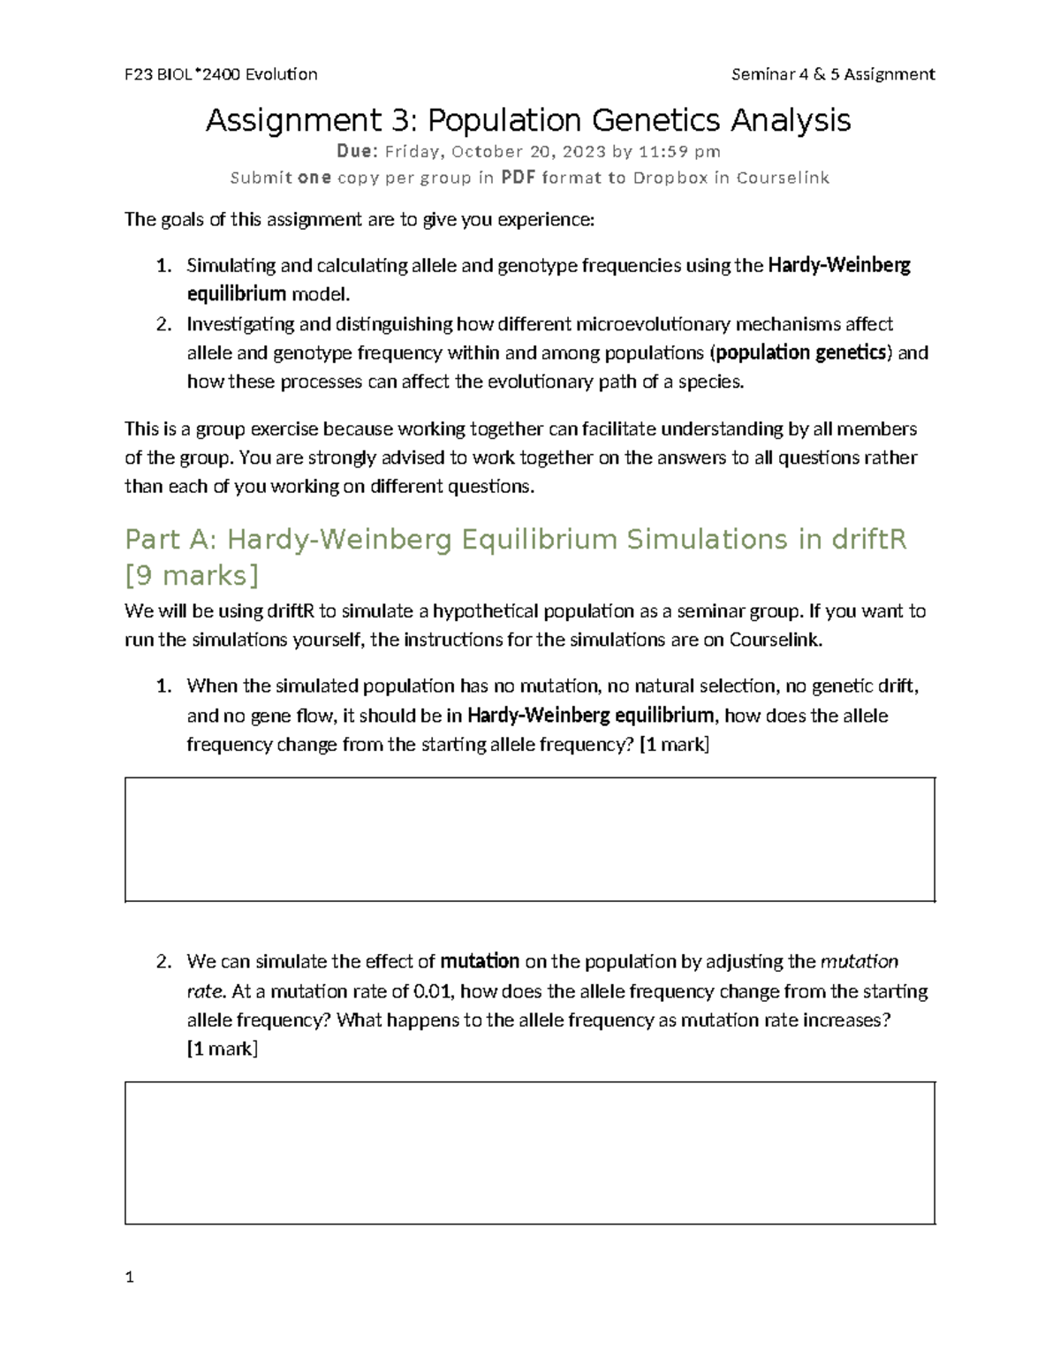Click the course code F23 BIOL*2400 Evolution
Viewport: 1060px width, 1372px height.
click(x=221, y=74)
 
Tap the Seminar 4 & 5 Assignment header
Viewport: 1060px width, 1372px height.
click(x=833, y=74)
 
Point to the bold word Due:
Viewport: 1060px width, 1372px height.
click(x=357, y=151)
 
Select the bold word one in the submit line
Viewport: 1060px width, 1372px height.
click(x=314, y=178)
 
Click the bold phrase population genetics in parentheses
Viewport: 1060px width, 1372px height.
click(x=801, y=353)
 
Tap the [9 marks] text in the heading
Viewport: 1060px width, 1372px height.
click(x=192, y=576)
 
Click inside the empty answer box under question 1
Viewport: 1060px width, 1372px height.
click(x=530, y=839)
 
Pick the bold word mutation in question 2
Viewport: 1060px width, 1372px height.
click(x=480, y=961)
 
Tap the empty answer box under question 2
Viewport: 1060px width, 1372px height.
click(x=530, y=1153)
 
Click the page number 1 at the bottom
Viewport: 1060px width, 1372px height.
click(x=130, y=1277)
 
